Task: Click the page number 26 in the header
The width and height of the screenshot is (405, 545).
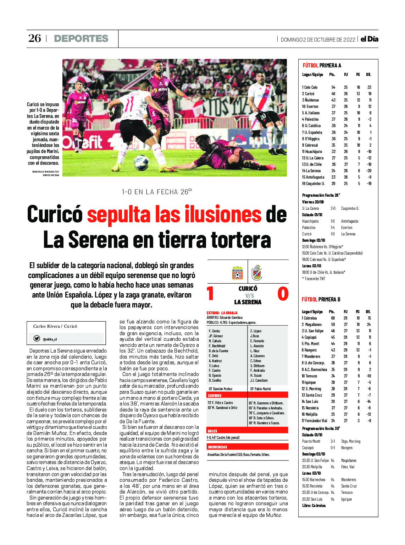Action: coord(35,38)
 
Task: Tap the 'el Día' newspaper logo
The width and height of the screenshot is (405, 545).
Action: coord(369,39)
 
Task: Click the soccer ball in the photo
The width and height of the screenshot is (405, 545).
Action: coord(141,162)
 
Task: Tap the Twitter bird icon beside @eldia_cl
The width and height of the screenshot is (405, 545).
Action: coord(37,338)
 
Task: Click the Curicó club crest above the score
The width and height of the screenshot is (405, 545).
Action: coord(237,273)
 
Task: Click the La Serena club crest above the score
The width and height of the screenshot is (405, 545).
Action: coord(257,273)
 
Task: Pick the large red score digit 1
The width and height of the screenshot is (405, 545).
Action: coord(210,294)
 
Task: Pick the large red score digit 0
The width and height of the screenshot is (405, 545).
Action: coord(283,294)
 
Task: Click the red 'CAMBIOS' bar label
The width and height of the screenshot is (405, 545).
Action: coord(215,395)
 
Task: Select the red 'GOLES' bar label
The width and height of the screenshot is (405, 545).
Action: coord(212,431)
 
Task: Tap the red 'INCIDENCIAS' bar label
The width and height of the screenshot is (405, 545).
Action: coord(217,447)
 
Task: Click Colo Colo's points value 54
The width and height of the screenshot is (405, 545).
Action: coord(333,87)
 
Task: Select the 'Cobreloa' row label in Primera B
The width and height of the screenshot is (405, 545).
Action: coord(310,318)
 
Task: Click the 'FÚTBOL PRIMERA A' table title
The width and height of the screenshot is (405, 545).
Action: coord(322,66)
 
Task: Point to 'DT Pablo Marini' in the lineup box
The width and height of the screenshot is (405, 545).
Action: coord(260,389)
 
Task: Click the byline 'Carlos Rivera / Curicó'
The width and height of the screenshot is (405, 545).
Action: coord(55,326)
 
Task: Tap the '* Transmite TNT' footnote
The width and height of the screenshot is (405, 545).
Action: coord(314,279)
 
